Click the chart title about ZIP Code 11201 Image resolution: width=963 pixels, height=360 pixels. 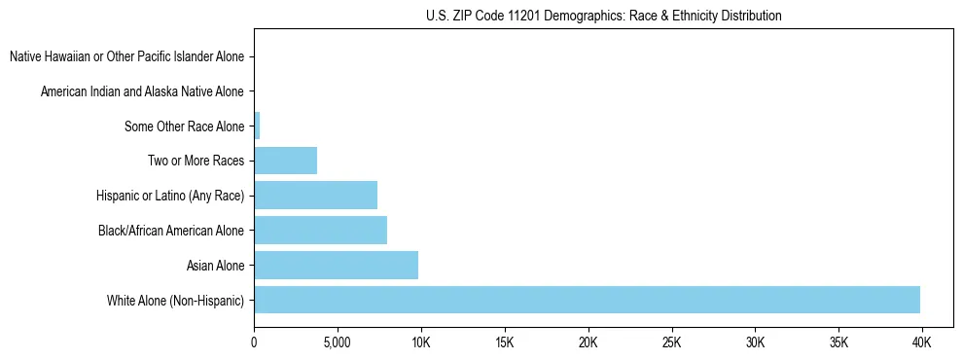pyautogui.click(x=603, y=16)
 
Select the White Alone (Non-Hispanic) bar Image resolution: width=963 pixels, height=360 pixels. pyautogui.click(x=587, y=300)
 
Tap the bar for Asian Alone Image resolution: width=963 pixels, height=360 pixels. pyautogui.click(x=336, y=265)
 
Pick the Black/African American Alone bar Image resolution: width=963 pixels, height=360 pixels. pyautogui.click(x=320, y=231)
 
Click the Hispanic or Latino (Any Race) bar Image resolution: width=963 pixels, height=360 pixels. pyautogui.click(x=315, y=196)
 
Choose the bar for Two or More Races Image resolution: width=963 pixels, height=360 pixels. pyautogui.click(x=285, y=161)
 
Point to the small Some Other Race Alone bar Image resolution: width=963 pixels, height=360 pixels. pyautogui.click(x=257, y=126)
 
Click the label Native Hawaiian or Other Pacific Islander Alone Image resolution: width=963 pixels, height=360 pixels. pyautogui.click(x=126, y=57)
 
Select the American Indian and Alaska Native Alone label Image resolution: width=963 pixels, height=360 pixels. pyautogui.click(x=142, y=91)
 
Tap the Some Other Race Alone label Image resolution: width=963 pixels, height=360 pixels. pyautogui.click(x=185, y=126)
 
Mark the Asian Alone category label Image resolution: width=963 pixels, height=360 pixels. pyautogui.click(x=215, y=265)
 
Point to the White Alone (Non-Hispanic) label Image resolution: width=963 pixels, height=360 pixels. pyautogui.click(x=175, y=300)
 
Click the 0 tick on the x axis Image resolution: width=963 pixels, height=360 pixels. pyautogui.click(x=254, y=342)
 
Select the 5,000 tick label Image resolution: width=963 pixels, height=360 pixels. pyautogui.click(x=337, y=342)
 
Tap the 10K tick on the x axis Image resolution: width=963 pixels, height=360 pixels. pyautogui.click(x=421, y=342)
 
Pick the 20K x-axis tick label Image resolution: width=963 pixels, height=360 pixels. pyautogui.click(x=588, y=342)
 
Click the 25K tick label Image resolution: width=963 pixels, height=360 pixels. pyautogui.click(x=671, y=342)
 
